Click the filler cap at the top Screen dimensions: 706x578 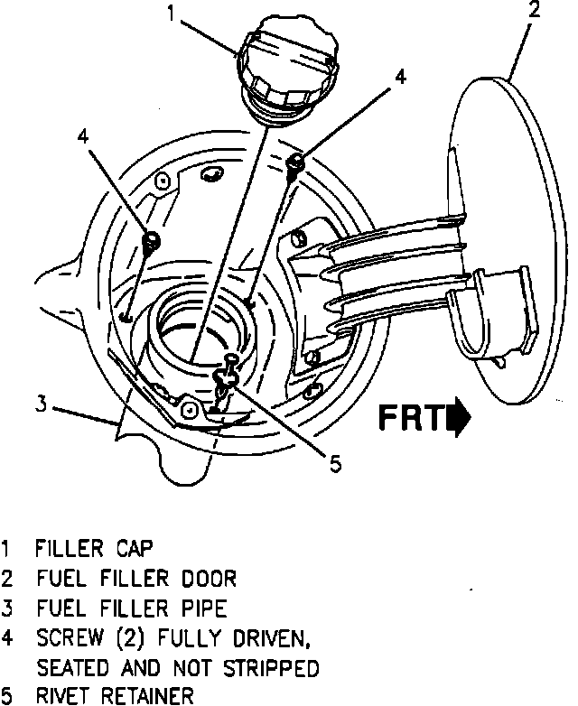pyautogui.click(x=286, y=63)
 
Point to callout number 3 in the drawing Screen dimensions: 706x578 pyautogui.click(x=41, y=404)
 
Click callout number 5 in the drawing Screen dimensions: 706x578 pyautogui.click(x=334, y=464)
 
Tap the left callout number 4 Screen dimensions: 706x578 pyautogui.click(x=83, y=137)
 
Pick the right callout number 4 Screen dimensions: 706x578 pyautogui.click(x=400, y=78)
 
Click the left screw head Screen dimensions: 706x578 pyautogui.click(x=153, y=240)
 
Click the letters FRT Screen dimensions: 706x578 pyautogui.click(x=412, y=419)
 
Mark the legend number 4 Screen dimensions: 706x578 pyautogui.click(x=7, y=637)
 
